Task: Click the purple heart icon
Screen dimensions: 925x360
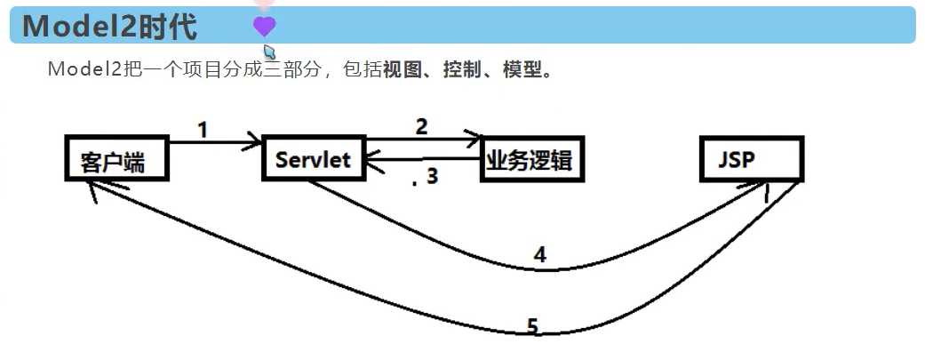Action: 264,26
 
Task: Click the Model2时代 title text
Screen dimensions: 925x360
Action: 109,27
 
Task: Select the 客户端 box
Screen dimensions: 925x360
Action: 116,158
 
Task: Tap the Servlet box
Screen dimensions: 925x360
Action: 314,158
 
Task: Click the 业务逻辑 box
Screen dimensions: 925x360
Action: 532,158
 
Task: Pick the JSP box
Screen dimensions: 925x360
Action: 752,158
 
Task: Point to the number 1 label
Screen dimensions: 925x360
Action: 203,129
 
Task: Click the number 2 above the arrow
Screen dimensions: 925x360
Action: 421,126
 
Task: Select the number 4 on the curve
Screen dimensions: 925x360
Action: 539,254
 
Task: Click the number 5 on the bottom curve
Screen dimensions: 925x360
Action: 532,326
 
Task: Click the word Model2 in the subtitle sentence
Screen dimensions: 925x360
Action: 84,70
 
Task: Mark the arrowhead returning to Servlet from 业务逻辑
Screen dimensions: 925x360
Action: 373,160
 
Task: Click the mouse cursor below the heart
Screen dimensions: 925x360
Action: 269,51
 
